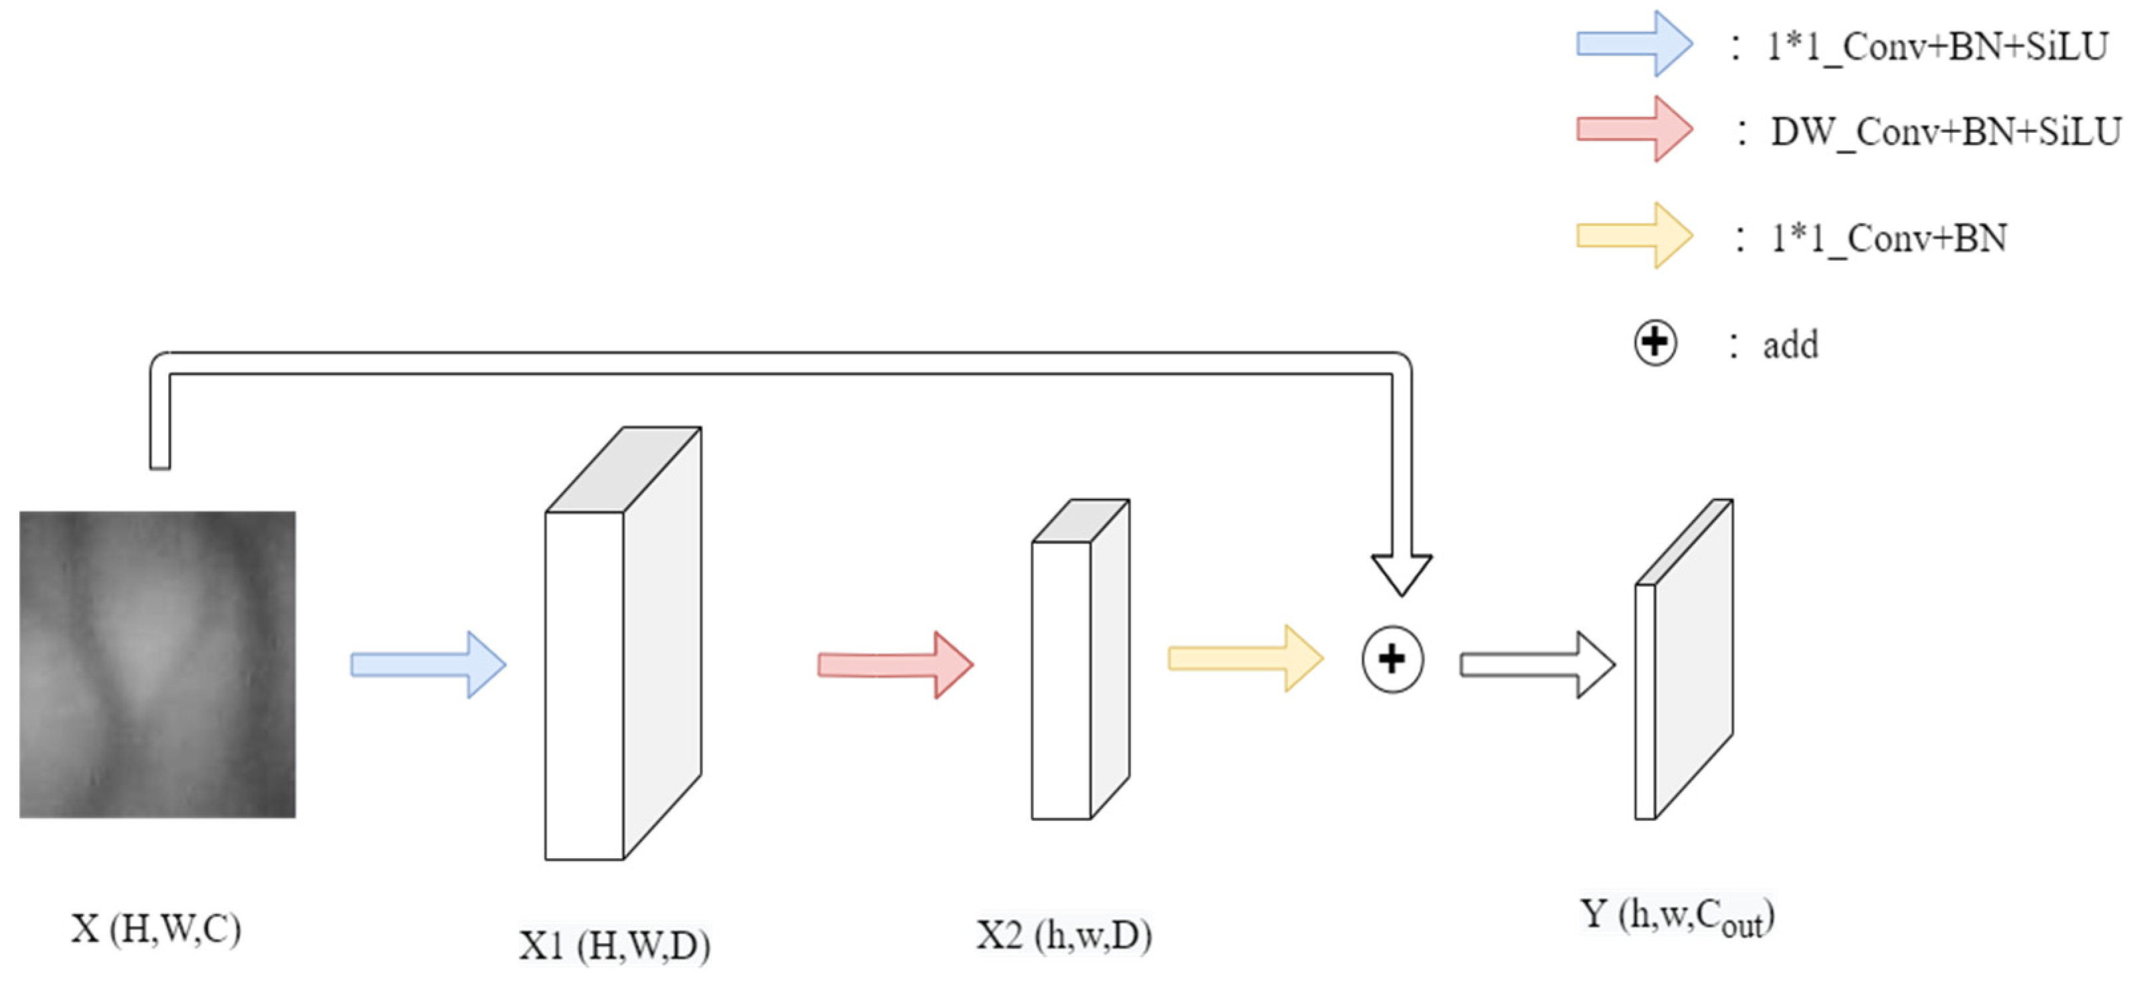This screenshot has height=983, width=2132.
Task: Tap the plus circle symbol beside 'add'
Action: (x=1655, y=343)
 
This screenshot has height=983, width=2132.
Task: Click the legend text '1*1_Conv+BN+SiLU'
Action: (x=1937, y=46)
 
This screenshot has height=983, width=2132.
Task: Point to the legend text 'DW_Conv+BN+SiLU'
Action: (x=1945, y=132)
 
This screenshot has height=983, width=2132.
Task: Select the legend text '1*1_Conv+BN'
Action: (x=1889, y=238)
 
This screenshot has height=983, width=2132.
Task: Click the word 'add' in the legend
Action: (x=1790, y=345)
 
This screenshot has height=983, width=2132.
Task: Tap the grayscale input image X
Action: (x=158, y=664)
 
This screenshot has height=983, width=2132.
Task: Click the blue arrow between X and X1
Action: (x=428, y=664)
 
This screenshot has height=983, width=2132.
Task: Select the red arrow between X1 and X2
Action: (x=895, y=664)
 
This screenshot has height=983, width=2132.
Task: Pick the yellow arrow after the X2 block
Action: (x=1245, y=659)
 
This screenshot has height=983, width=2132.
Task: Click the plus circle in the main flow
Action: (x=1392, y=660)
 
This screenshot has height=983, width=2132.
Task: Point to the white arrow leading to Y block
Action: (x=1537, y=664)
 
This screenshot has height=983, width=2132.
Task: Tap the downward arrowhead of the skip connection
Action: (x=1401, y=573)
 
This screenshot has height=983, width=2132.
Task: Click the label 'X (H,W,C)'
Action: (x=156, y=929)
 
